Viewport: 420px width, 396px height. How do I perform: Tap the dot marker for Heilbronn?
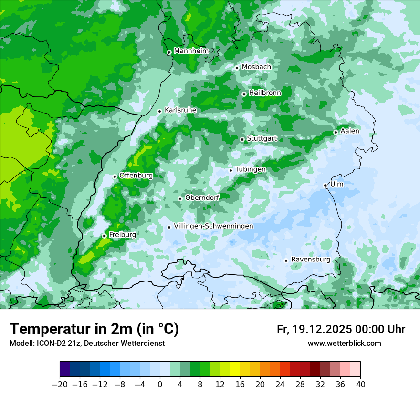click(x=244, y=94)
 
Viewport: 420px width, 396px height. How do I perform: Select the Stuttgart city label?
click(x=262, y=139)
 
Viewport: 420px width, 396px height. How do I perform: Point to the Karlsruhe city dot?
click(x=160, y=111)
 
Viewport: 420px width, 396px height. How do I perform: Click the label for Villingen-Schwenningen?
click(x=213, y=226)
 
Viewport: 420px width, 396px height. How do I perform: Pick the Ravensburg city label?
click(x=310, y=260)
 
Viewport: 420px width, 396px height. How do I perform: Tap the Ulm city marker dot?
click(x=325, y=185)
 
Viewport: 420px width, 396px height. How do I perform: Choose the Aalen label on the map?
click(x=349, y=131)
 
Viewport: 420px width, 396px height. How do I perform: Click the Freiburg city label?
click(x=122, y=235)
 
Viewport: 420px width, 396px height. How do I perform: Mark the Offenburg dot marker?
click(x=115, y=177)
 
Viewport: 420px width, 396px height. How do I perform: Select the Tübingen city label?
click(x=250, y=169)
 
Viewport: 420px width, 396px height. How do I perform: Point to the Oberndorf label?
click(x=202, y=198)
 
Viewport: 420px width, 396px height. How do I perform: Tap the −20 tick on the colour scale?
click(x=60, y=384)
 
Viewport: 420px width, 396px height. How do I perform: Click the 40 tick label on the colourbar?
click(x=360, y=384)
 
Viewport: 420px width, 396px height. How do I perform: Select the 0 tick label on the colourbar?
click(x=160, y=384)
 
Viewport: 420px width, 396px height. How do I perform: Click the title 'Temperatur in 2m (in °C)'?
click(x=94, y=329)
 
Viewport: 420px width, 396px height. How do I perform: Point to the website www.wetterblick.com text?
click(x=344, y=344)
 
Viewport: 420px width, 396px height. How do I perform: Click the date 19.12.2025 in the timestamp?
click(x=320, y=329)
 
